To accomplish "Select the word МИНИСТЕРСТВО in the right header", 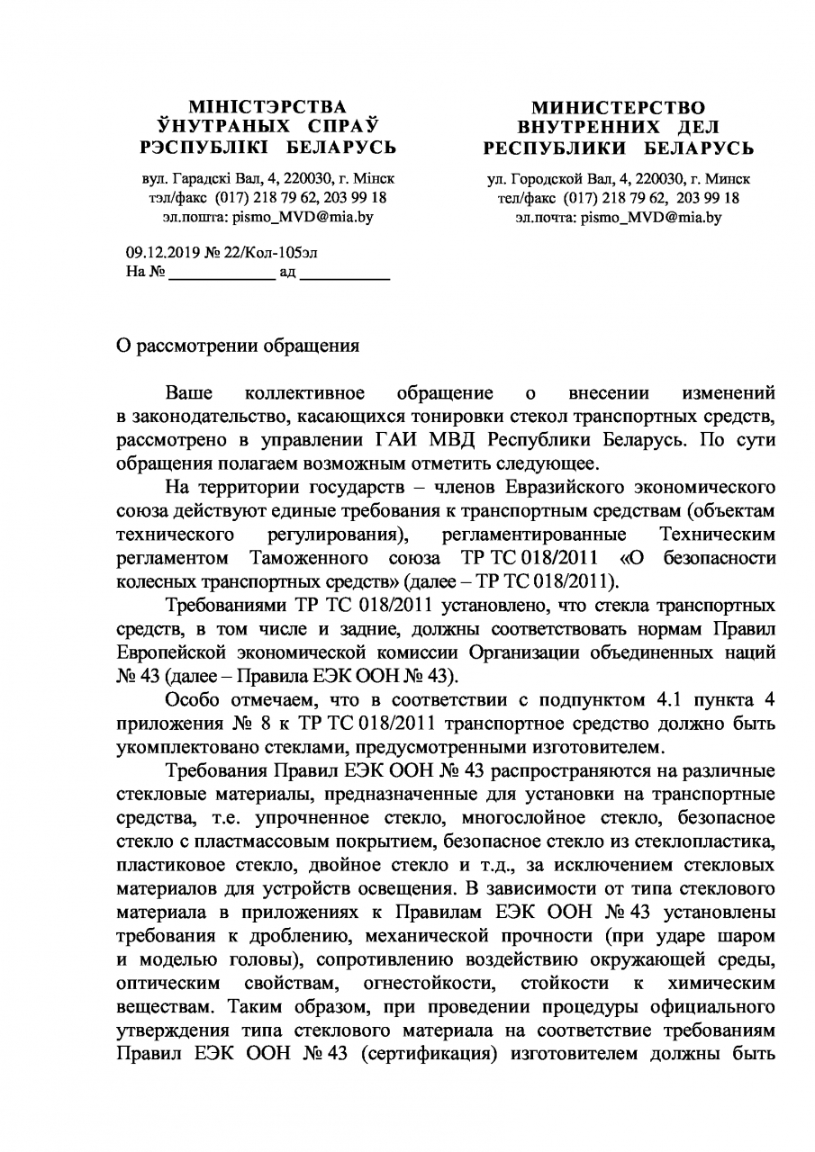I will [x=619, y=108].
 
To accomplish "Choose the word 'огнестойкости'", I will [x=428, y=981].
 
